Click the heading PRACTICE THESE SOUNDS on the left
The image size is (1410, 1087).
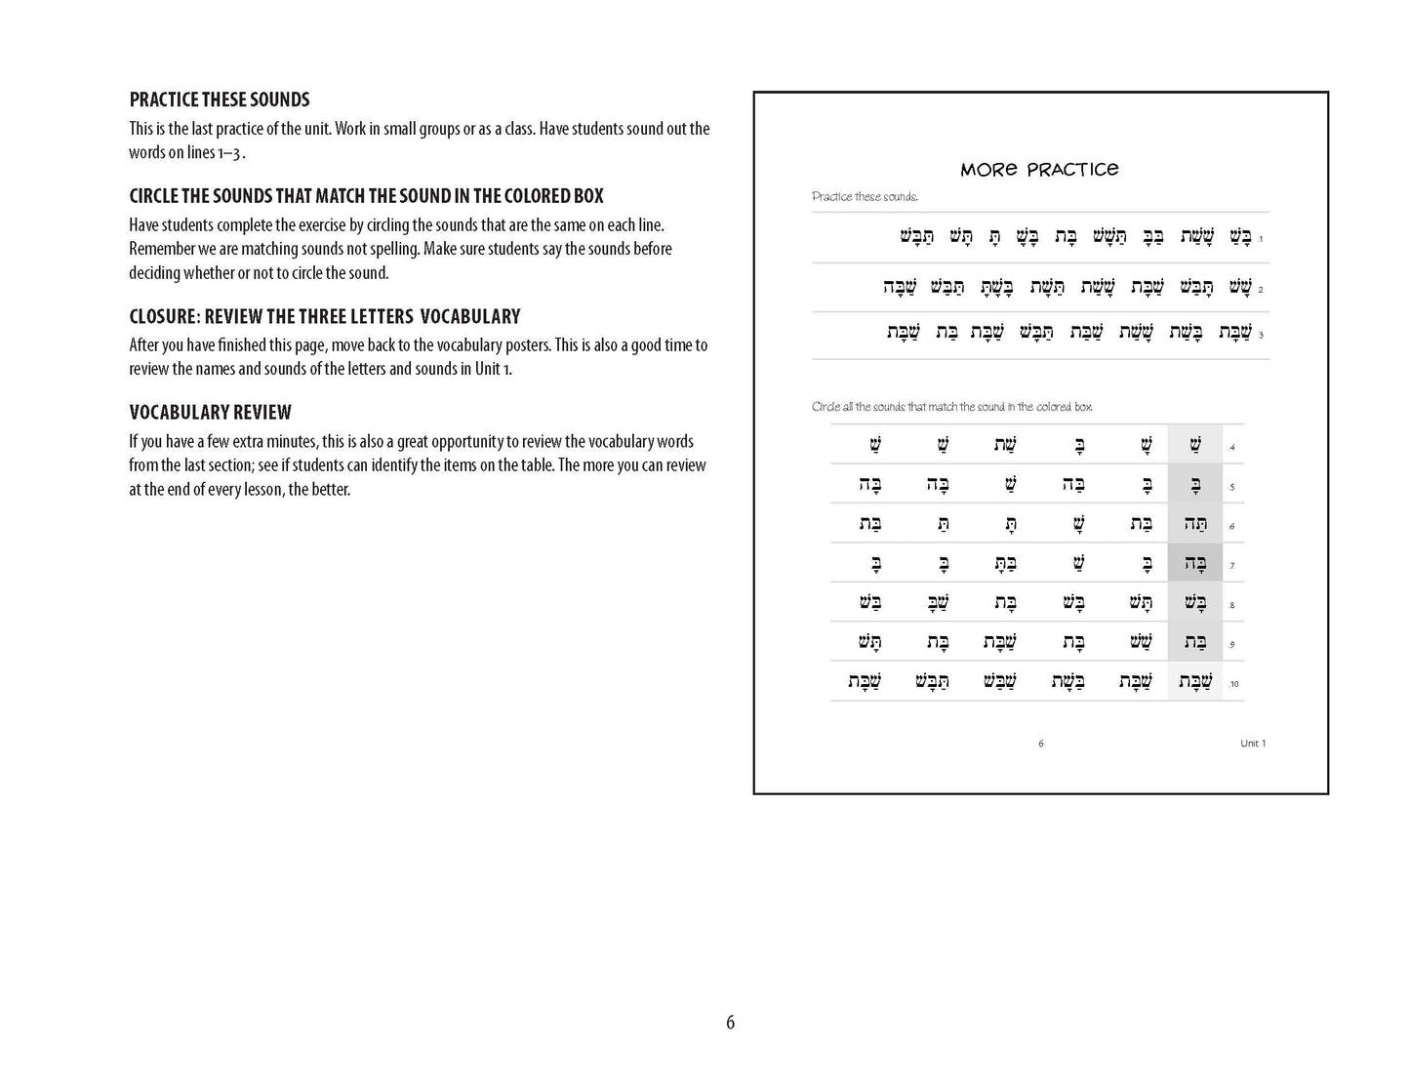pos(220,100)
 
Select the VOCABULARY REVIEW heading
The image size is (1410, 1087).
pos(210,412)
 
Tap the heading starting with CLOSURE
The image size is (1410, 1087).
pos(325,316)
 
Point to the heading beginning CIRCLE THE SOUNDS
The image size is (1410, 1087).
pos(366,196)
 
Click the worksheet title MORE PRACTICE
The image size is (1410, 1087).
pos(1039,170)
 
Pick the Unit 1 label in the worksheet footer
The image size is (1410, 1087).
pos(1252,744)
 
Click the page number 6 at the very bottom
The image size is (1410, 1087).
pos(730,1023)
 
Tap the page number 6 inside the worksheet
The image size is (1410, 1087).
pos(1041,744)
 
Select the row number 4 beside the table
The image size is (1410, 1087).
pos(1232,448)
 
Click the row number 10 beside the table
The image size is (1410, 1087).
pos(1233,684)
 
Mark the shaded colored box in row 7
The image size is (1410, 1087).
pos(1194,563)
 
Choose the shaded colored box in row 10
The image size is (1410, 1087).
pos(1194,681)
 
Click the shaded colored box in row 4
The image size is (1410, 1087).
pos(1194,445)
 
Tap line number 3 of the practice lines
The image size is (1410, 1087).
pos(1261,335)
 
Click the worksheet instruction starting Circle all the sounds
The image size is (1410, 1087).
pos(951,407)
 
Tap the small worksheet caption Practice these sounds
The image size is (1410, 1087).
pos(865,197)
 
